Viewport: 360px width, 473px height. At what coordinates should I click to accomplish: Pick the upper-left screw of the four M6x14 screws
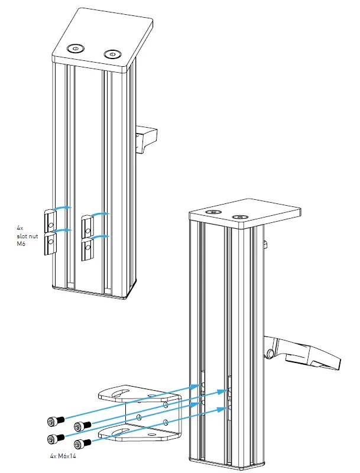pos(55,420)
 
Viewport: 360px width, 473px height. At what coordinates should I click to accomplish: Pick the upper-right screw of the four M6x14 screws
pos(82,425)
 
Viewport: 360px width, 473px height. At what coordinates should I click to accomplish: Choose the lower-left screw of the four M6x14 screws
pos(55,438)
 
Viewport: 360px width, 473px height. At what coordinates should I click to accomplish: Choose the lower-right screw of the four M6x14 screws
pos(82,443)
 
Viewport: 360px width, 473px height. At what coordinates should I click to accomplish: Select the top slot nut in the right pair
pos(87,225)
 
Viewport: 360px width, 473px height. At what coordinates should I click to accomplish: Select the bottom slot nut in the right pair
pos(87,249)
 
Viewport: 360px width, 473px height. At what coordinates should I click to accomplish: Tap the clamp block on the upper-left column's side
pos(147,137)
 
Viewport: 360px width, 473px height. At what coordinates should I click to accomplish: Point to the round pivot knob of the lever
pos(271,354)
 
